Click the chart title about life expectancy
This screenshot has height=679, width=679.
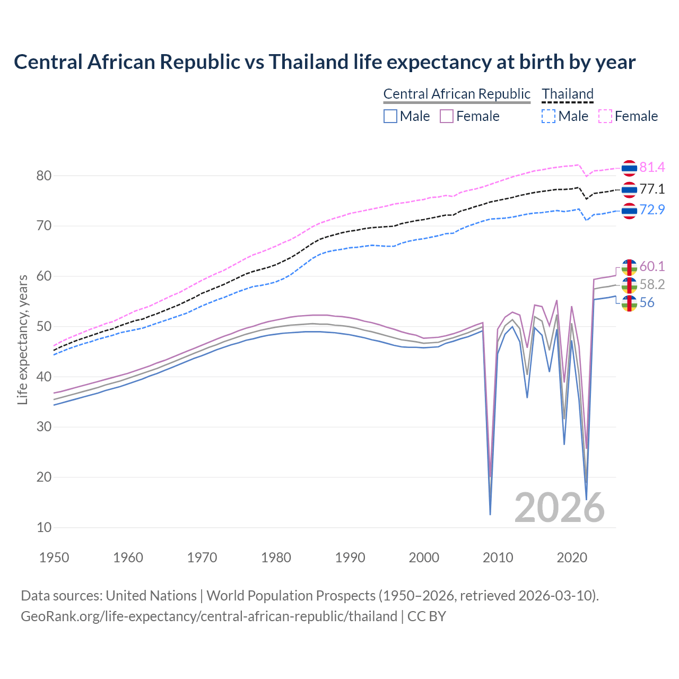click(324, 62)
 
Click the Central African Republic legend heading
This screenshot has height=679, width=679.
click(457, 94)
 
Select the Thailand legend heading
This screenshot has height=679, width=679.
click(567, 94)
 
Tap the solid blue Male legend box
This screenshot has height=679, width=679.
click(390, 116)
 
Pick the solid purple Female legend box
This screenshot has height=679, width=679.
click(447, 116)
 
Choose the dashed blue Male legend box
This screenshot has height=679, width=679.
click(549, 116)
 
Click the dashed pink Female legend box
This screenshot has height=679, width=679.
click(605, 116)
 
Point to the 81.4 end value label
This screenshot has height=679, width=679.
click(652, 168)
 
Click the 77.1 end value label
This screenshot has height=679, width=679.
click(652, 189)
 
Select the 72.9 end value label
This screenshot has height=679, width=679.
click(652, 210)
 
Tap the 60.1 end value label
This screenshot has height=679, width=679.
click(652, 266)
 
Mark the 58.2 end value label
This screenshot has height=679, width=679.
click(652, 285)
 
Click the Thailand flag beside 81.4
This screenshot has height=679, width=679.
click(629, 168)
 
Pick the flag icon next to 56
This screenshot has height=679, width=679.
click(629, 303)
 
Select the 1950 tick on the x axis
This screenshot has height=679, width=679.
click(54, 558)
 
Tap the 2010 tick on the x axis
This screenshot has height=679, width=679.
click(498, 558)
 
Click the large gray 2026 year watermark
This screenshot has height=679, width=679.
click(560, 508)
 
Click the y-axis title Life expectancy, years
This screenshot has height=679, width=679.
click(22, 339)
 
